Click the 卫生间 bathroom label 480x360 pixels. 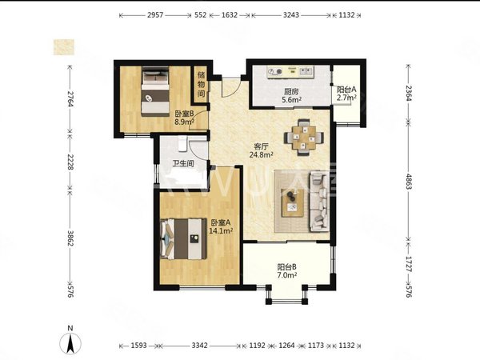pos(183,163)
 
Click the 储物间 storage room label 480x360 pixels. pos(201,84)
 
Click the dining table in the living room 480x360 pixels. pos(304,138)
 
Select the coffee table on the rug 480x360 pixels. pos(293,203)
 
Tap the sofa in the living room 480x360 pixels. pos(319,201)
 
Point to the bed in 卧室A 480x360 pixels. pos(183,238)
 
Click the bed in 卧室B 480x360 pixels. pos(155,91)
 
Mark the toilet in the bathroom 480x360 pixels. pos(182,143)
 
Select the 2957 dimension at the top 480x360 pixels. pos(155,15)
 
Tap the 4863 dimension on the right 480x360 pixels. pos(409,182)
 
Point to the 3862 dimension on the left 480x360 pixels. pos(70,238)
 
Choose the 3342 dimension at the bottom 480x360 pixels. pos(199,346)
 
